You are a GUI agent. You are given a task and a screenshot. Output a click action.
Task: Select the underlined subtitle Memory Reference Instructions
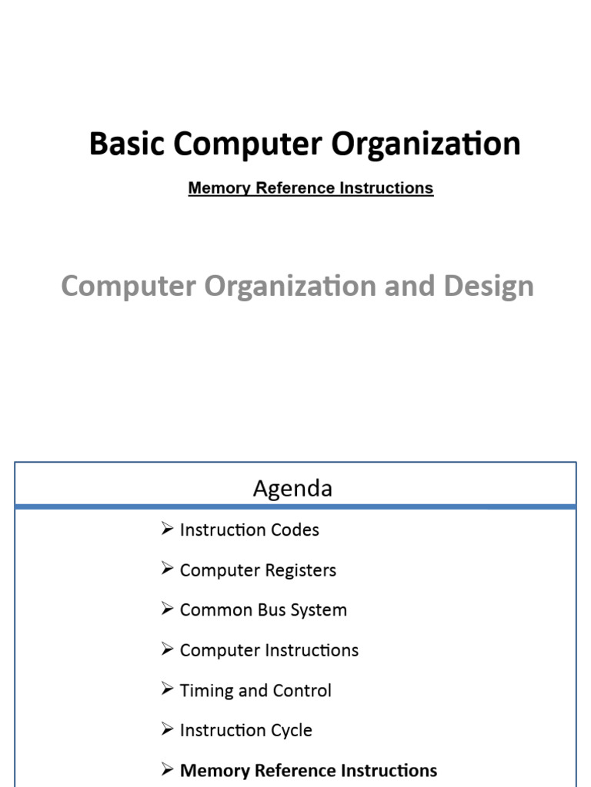pos(310,188)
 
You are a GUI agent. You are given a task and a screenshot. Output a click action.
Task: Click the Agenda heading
pos(292,488)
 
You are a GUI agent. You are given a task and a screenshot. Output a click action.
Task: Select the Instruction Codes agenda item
pos(249,530)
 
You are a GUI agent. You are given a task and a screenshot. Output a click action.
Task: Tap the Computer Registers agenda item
pos(257,570)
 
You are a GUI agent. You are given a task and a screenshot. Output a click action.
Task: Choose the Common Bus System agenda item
pos(262,610)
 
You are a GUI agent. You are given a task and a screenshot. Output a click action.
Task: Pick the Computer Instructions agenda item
pos(269,650)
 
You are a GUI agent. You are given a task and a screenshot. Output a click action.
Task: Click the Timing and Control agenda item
pos(255,690)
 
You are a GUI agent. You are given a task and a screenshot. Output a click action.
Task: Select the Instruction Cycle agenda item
pos(245,730)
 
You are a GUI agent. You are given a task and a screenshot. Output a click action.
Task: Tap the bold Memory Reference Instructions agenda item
pos(308,770)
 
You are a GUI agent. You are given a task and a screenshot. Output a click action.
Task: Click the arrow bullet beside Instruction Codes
pos(168,529)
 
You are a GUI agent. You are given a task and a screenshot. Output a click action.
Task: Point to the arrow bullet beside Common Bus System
pos(168,609)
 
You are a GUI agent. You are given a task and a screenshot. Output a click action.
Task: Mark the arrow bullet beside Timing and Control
pos(168,689)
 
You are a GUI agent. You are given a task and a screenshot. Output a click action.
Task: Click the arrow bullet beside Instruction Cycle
pos(168,729)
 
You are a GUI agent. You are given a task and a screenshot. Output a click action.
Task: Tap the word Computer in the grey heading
pos(128,286)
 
